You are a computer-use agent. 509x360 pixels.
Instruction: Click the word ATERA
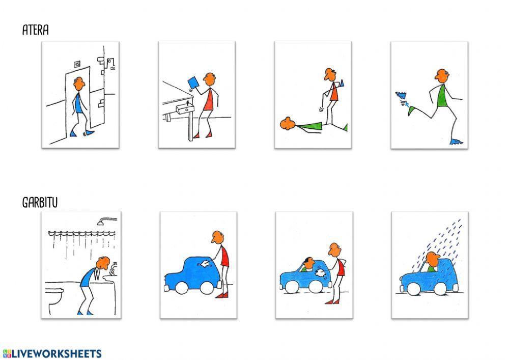(x=36, y=30)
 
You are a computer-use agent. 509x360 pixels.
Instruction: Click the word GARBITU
(x=40, y=202)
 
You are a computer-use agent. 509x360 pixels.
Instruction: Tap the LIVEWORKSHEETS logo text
(x=52, y=353)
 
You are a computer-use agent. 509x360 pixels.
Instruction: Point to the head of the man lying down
(x=288, y=123)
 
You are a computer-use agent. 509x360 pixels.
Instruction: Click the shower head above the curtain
(x=107, y=221)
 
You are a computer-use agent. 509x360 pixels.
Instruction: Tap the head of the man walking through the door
(x=79, y=84)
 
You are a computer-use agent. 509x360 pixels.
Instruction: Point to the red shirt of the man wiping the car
(x=224, y=257)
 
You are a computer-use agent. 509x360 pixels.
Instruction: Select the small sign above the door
(x=77, y=64)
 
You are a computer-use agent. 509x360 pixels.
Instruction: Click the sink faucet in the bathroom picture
(x=114, y=267)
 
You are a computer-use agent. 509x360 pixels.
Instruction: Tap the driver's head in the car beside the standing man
(x=309, y=263)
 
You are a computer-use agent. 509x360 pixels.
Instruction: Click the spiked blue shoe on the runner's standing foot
(x=457, y=142)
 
